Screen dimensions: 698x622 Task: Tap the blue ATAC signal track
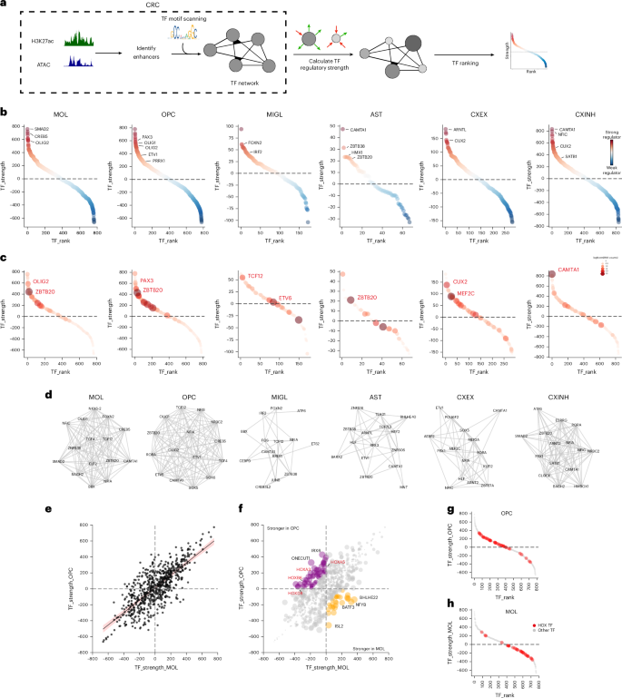(x=78, y=62)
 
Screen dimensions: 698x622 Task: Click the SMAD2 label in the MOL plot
(x=42, y=129)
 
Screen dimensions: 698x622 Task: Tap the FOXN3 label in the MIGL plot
(x=257, y=143)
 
